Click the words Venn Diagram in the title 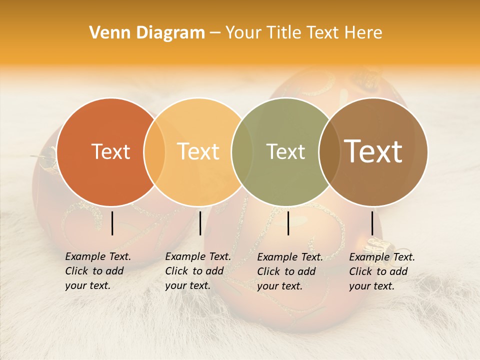point(147,33)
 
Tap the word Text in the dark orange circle point(110,152)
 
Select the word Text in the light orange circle point(198,152)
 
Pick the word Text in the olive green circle point(285,152)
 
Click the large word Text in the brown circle point(373,151)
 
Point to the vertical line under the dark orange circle point(112,223)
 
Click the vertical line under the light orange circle point(200,223)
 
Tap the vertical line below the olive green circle point(288,223)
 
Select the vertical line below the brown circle point(372,223)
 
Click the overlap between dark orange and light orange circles point(154,152)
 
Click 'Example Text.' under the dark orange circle point(98,257)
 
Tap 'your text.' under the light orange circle point(187,286)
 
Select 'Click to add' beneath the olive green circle point(286,271)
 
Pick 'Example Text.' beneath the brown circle point(382,257)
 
